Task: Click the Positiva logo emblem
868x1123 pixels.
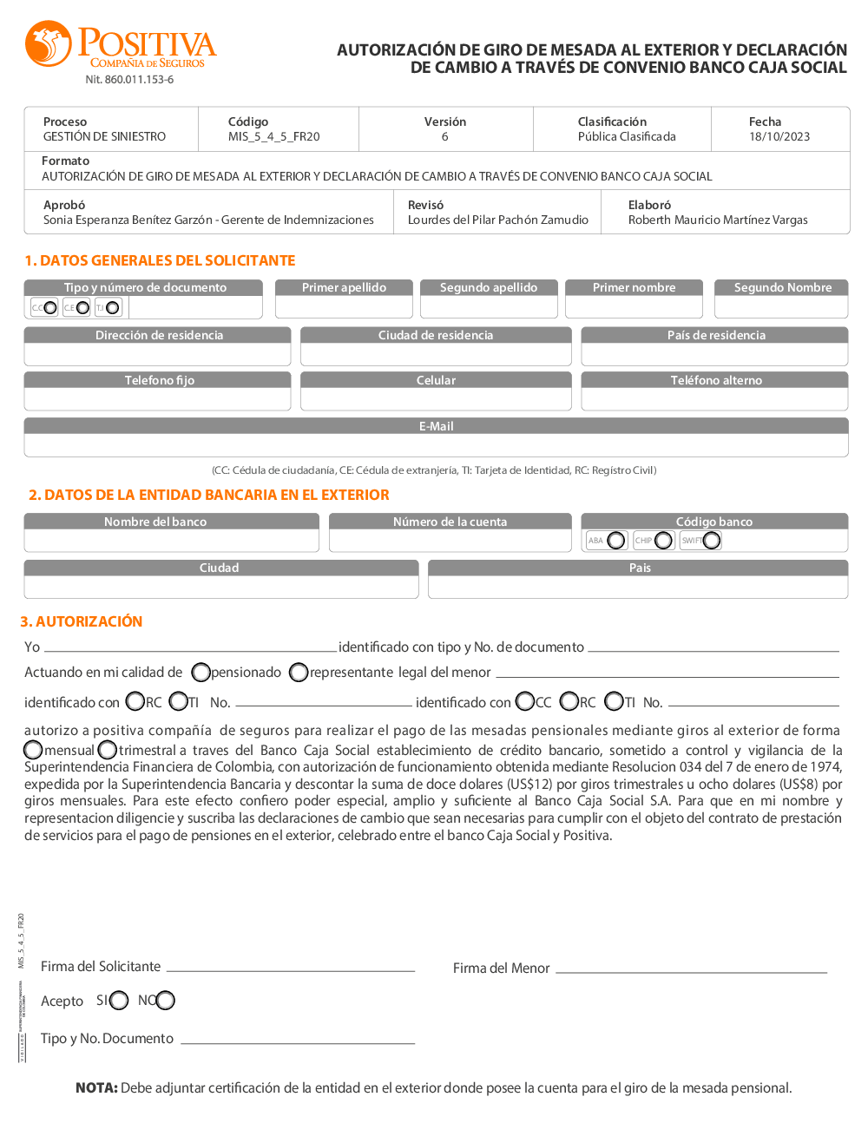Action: (x=49, y=44)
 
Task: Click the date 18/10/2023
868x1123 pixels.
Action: (x=779, y=136)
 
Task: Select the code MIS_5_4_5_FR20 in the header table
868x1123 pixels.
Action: (x=273, y=136)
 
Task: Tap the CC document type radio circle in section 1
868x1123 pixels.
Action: (x=49, y=307)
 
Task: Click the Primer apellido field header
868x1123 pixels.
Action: (x=344, y=287)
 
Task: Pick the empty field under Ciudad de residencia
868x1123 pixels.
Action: (x=436, y=355)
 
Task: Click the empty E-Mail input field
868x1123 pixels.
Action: (x=436, y=445)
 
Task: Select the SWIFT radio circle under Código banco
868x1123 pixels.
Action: (x=712, y=541)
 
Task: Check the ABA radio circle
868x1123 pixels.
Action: (x=616, y=541)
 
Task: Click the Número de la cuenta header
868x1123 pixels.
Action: (x=450, y=522)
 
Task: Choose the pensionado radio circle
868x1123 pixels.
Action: (x=201, y=673)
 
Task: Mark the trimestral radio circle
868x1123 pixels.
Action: (x=108, y=749)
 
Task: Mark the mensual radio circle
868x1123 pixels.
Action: (x=33, y=749)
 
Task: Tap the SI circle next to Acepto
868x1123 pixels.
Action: (x=119, y=1001)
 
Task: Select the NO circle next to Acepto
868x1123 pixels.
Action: (x=166, y=1001)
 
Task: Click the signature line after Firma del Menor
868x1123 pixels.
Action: (x=691, y=970)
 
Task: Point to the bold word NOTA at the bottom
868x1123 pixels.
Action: (x=96, y=1087)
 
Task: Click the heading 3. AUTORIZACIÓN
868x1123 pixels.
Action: (x=82, y=621)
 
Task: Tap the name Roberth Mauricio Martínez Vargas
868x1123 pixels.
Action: (x=718, y=220)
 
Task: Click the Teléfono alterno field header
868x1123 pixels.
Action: (x=716, y=380)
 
